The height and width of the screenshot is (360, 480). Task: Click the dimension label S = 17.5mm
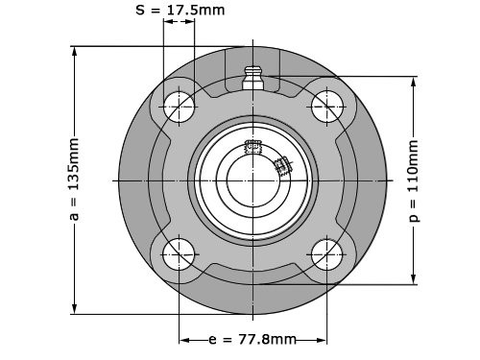180,10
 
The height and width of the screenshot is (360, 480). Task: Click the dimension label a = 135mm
74,180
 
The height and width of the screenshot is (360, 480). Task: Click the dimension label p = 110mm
414,180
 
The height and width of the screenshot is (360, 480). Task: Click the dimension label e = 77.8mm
252,339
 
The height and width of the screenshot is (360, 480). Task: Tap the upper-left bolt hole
179,107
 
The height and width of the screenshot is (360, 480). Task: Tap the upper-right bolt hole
326,107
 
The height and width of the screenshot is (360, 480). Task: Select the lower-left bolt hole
179,254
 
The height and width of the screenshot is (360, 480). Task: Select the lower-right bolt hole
326,254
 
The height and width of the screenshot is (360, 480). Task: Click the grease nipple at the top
252,78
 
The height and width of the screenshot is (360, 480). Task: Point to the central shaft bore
252,180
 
